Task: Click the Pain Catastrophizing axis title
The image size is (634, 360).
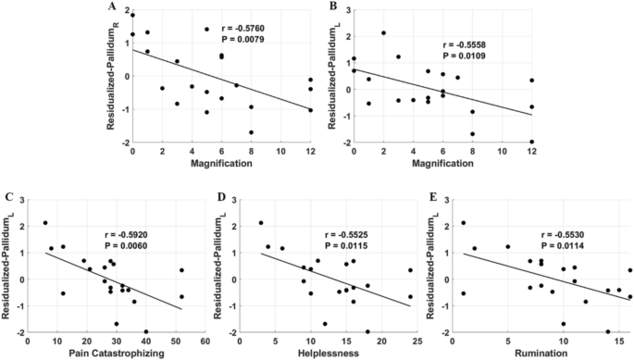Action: [118, 353]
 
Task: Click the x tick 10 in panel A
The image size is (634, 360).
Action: [280, 150]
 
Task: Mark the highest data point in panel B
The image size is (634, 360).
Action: [383, 32]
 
